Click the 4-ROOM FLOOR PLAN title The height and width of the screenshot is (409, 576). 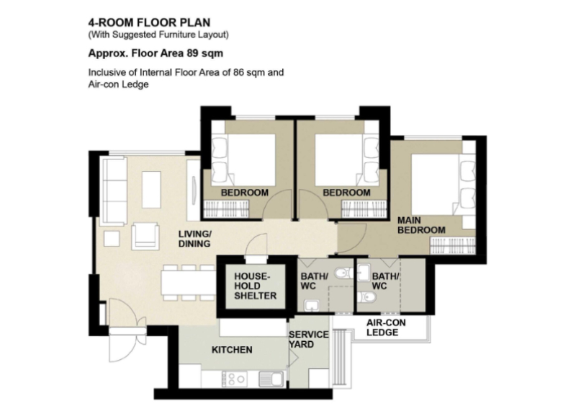(x=149, y=22)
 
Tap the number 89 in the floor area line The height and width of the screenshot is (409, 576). (x=192, y=53)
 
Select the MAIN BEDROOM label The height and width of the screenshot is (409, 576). (x=421, y=225)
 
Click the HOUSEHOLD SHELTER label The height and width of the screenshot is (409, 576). (x=256, y=286)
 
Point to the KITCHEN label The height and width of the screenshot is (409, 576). (x=232, y=350)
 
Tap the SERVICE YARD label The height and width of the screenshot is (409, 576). (x=308, y=340)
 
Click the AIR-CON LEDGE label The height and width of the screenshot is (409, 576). (x=386, y=327)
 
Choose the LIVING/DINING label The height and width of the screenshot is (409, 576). (x=194, y=239)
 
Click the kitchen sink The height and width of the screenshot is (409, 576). (x=271, y=379)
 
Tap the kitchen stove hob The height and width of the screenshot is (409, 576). (x=234, y=379)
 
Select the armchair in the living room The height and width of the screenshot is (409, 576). (x=145, y=236)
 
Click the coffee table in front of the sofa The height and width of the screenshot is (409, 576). (x=151, y=190)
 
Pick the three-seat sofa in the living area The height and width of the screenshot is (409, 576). (x=114, y=190)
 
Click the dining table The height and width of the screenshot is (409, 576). (x=188, y=283)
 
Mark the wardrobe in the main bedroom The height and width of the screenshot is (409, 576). (x=452, y=245)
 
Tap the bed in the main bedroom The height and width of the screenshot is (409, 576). (x=443, y=184)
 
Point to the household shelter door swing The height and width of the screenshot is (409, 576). (x=256, y=245)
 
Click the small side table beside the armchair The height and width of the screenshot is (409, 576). (x=112, y=238)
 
